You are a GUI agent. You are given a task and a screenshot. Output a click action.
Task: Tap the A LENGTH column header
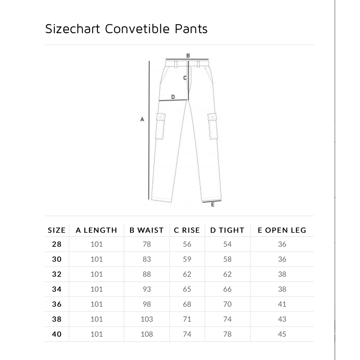(96, 230)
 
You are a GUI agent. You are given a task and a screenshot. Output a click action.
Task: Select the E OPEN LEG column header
(282, 230)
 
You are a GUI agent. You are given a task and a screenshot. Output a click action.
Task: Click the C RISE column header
(187, 230)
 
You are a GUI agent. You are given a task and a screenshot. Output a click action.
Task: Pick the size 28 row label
(57, 244)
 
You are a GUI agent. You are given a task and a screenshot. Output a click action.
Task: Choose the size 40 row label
(57, 334)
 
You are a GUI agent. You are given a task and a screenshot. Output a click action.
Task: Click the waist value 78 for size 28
(147, 244)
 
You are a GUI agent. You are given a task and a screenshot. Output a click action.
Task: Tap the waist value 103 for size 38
(147, 319)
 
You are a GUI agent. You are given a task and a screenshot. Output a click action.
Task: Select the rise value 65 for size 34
(187, 289)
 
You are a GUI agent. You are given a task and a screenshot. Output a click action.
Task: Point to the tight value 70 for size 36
(227, 304)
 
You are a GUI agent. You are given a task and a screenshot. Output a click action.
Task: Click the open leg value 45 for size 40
(282, 334)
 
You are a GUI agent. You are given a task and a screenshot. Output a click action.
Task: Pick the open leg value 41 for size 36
(282, 304)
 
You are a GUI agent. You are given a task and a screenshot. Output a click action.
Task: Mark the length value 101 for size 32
(97, 274)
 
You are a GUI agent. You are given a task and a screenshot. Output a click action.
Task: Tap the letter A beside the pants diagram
(142, 120)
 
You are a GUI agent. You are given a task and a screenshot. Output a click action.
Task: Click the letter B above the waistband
(188, 56)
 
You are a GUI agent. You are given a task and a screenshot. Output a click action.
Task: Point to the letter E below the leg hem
(212, 205)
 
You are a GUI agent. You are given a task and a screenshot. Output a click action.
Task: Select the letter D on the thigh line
(173, 97)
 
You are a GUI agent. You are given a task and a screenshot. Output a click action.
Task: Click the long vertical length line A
(150, 130)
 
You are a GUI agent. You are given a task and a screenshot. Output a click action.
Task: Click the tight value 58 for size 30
(227, 259)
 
